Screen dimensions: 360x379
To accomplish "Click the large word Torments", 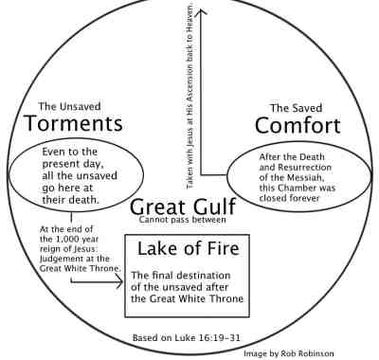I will [74, 123].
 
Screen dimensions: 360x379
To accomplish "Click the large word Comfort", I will [298, 124].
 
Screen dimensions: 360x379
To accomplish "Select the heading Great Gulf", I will [176, 207].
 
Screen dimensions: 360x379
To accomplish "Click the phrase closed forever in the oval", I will [302, 198].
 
